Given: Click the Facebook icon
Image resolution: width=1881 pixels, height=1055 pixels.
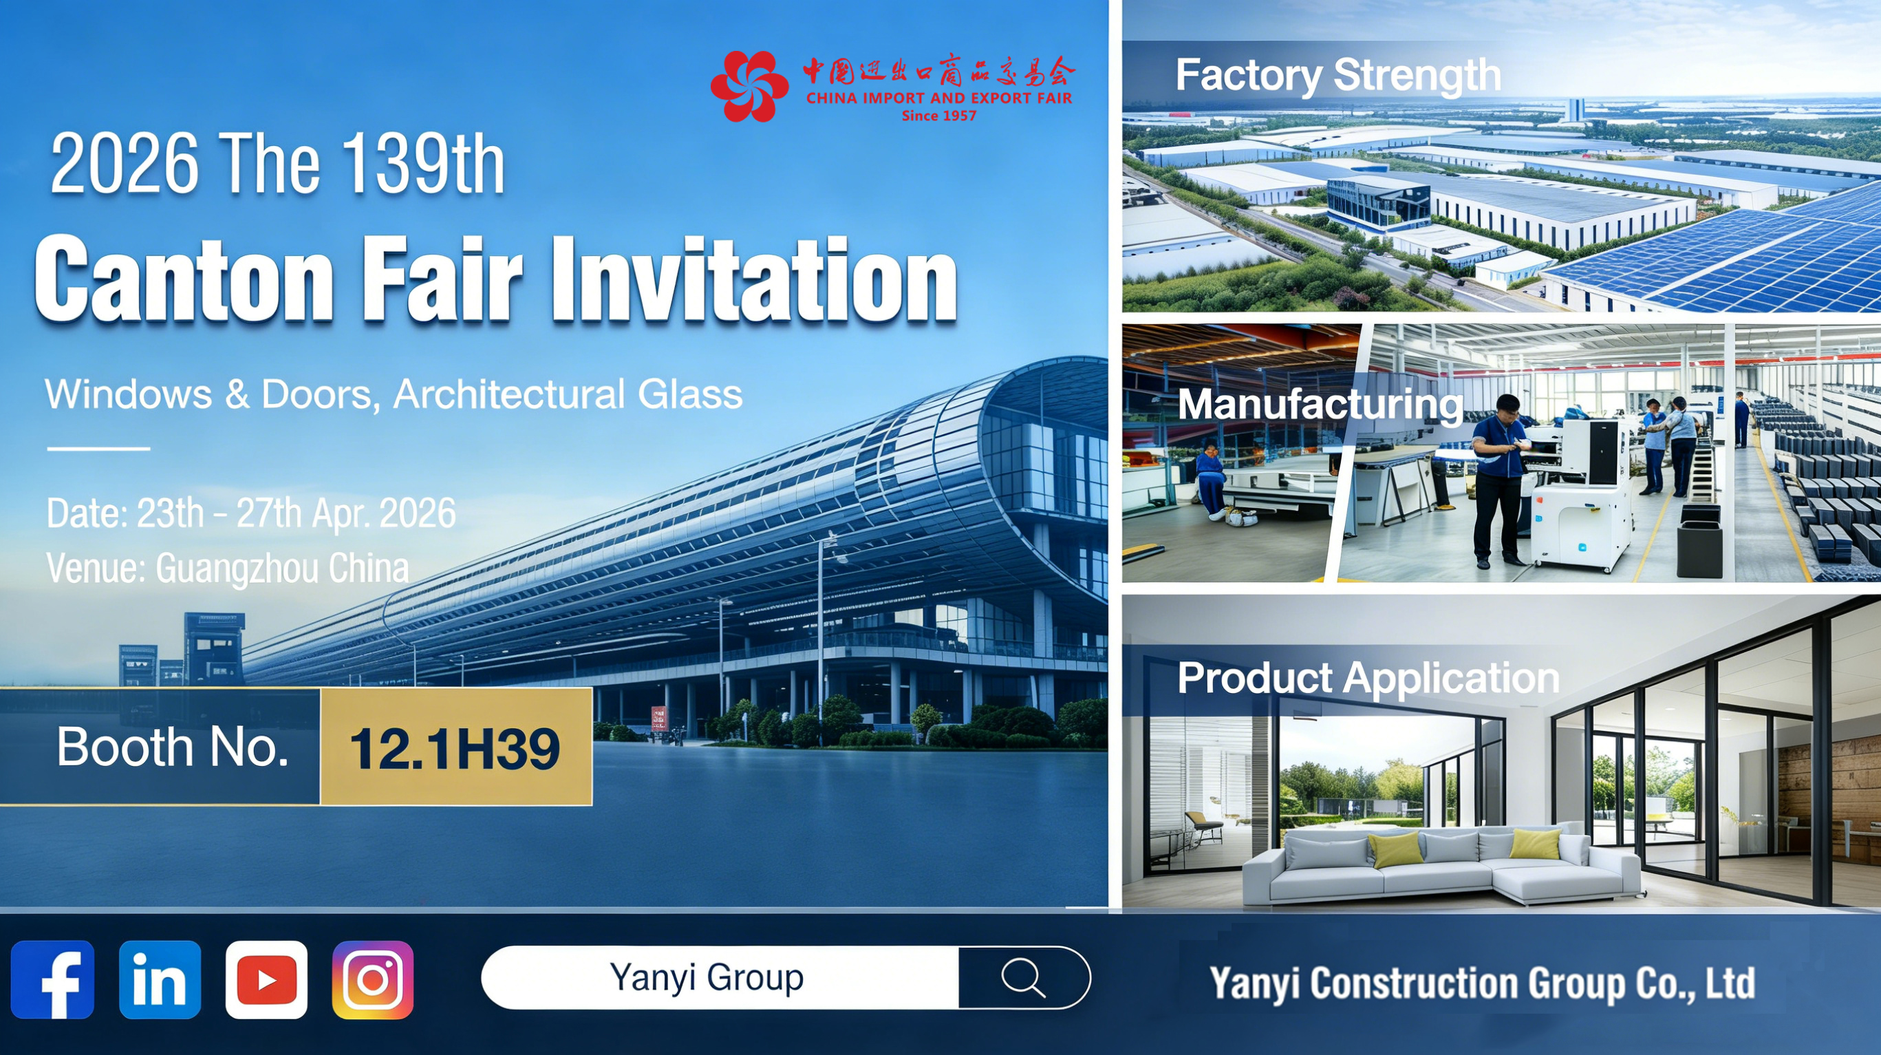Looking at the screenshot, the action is pyautogui.click(x=52, y=980).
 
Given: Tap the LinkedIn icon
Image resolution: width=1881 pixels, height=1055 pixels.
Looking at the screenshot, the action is pyautogui.click(x=160, y=980).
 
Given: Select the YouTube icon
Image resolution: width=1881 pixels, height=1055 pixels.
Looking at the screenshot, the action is pyautogui.click(x=266, y=980).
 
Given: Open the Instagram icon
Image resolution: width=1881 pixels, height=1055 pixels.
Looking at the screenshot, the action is pyautogui.click(x=372, y=980).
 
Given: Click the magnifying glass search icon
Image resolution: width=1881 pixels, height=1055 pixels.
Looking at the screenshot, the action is pyautogui.click(x=1023, y=977).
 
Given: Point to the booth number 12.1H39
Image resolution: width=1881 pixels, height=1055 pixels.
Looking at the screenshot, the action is pyautogui.click(x=455, y=749).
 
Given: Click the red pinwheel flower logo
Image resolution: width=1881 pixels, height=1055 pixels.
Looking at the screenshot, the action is pyautogui.click(x=749, y=85).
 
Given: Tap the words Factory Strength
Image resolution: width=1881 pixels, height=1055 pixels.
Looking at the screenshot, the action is pyautogui.click(x=1337, y=76).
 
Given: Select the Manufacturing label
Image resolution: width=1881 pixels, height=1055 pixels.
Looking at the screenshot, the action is pyautogui.click(x=1320, y=405).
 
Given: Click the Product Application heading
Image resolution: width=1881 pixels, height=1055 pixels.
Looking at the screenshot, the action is pyautogui.click(x=1368, y=679).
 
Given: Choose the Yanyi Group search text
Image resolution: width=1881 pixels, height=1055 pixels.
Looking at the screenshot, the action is pyautogui.click(x=707, y=977).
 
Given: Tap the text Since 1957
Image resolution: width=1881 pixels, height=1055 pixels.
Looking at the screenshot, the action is pyautogui.click(x=939, y=116).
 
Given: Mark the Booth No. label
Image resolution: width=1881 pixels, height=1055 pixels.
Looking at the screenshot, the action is pyautogui.click(x=173, y=747).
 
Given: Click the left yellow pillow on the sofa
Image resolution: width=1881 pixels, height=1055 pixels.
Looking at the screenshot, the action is pyautogui.click(x=1395, y=851).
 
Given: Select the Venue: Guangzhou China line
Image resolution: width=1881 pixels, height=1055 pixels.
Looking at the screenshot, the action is pyautogui.click(x=228, y=568).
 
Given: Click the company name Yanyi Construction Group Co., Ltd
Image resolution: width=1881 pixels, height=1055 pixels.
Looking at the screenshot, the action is pyautogui.click(x=1483, y=983).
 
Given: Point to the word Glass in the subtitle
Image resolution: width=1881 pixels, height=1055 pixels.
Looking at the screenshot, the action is pyautogui.click(x=690, y=394).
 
